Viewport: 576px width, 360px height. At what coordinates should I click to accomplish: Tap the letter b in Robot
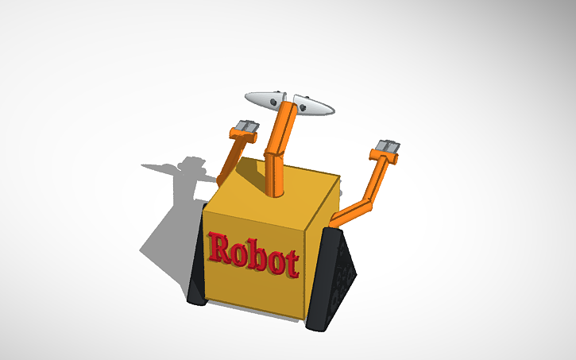point(256,256)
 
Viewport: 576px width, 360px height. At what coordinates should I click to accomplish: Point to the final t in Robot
point(292,263)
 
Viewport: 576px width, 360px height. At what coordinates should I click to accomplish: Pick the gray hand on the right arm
point(387,149)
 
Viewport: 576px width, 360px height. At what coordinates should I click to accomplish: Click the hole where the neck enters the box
point(277,193)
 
